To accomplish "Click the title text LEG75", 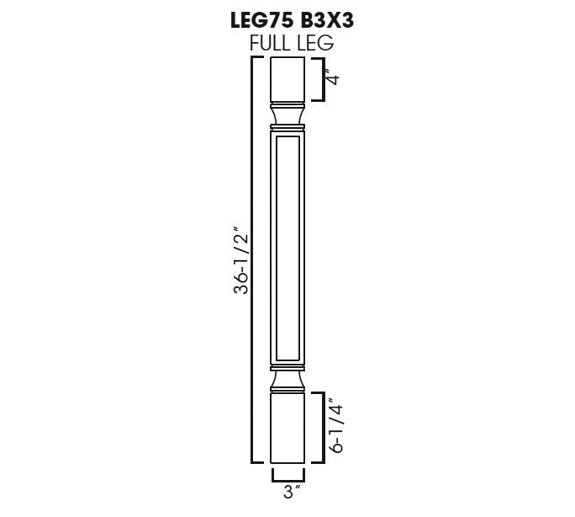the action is pos(261,20).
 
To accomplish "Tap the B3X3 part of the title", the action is pos(327,20).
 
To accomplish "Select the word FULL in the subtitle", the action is pos(269,43).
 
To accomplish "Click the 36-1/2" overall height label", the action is pos(241,261).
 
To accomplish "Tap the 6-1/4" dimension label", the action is pos(335,425).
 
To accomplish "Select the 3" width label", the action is pos(292,493).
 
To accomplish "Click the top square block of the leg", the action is pos(287,79).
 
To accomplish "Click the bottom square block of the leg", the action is pos(287,428).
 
